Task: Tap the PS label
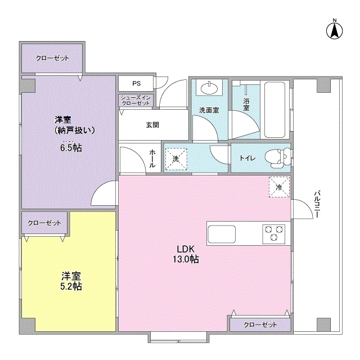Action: tap(136, 83)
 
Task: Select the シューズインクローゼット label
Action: tap(136, 101)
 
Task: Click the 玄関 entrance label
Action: tap(151, 125)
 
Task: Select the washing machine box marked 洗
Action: tap(175, 159)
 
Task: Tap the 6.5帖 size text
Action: tap(69, 148)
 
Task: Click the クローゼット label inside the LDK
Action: tap(260, 325)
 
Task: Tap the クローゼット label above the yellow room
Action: tap(44, 223)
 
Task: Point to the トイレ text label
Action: tap(247, 158)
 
